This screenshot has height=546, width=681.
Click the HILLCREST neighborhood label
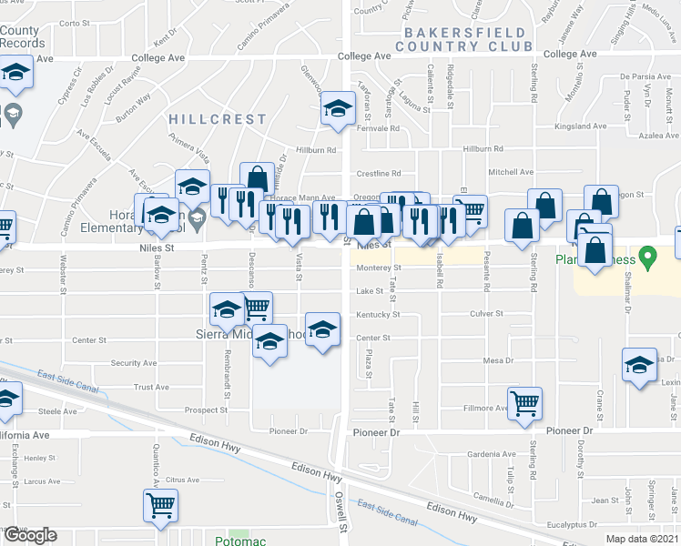point(217,119)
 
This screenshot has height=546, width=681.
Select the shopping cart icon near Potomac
point(161,505)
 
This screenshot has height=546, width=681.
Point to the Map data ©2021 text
point(643,539)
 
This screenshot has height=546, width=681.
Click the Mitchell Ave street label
point(511,172)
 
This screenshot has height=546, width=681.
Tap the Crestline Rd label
point(378,173)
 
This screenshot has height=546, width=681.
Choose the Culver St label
point(487,314)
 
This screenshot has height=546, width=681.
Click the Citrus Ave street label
point(182,480)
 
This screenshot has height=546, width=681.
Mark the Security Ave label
point(133,363)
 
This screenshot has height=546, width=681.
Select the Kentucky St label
point(378,315)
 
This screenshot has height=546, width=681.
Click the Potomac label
point(238,541)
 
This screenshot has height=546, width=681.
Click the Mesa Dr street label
point(498,361)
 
